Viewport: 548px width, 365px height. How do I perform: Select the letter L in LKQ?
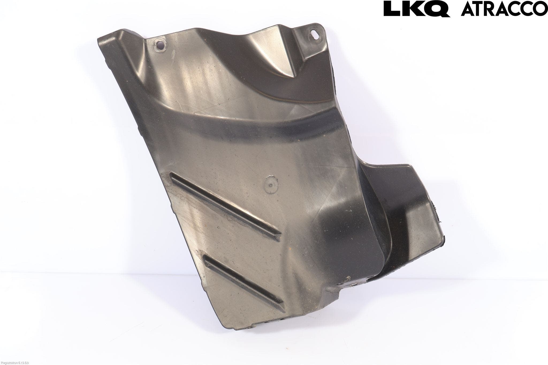(392, 9)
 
